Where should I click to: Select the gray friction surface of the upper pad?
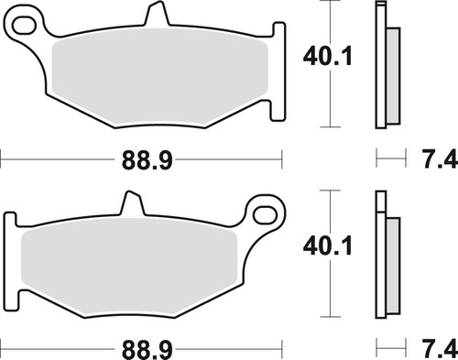160,78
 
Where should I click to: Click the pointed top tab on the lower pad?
131,203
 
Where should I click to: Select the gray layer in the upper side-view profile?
393,73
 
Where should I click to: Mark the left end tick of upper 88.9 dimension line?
2,159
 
